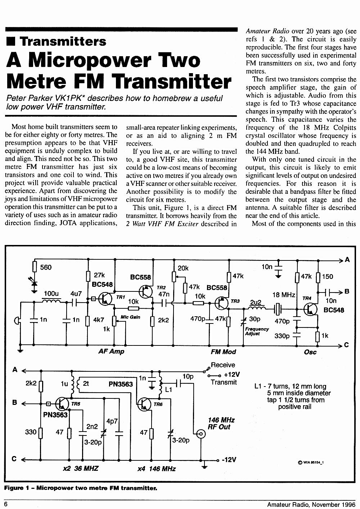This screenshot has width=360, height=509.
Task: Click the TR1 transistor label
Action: [120, 297]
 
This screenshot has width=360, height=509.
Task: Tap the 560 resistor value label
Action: [46, 267]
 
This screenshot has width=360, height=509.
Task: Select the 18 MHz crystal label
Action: [284, 295]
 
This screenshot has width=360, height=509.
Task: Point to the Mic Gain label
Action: [130, 317]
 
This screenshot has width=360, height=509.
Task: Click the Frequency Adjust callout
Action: [257, 331]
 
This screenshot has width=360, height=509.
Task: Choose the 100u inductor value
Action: [51, 294]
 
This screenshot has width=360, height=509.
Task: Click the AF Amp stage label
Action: [111, 351]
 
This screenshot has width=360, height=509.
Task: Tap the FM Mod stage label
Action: [223, 352]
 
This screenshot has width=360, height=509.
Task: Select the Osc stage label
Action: [310, 352]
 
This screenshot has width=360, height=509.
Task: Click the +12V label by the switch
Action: [232, 375]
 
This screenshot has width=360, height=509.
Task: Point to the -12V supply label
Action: [229, 460]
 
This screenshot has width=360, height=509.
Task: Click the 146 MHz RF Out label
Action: [221, 423]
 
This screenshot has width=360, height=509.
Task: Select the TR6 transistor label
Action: [158, 404]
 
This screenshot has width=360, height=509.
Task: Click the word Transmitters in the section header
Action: [63, 41]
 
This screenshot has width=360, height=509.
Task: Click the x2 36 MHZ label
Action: [80, 468]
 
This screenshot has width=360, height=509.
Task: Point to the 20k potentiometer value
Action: [183, 268]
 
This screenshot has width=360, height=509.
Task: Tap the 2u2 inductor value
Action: [256, 302]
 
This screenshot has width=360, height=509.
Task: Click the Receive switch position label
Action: [223, 365]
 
